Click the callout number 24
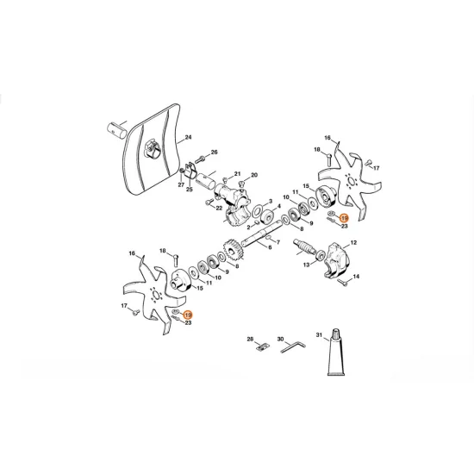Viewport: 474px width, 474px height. [x=188, y=137]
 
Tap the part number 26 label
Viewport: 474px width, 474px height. [x=215, y=153]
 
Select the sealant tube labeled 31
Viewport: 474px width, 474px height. [x=334, y=354]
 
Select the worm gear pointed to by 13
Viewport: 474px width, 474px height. [x=312, y=256]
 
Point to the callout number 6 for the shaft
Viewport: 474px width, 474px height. [x=269, y=247]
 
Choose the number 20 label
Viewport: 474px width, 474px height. [x=253, y=174]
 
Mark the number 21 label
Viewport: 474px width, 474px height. [x=238, y=173]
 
